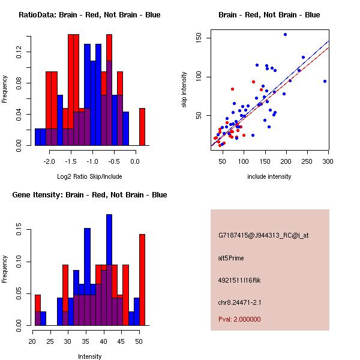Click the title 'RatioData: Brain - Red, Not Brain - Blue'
click(89, 15)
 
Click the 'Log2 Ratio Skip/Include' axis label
click(89, 176)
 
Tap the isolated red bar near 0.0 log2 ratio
click(142, 127)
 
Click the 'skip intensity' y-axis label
click(184, 89)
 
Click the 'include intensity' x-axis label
click(269, 176)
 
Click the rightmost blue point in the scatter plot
click(325, 81)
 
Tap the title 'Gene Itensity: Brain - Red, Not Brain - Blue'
click(89, 195)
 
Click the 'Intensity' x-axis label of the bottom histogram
click(90, 356)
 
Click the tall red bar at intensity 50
click(142, 280)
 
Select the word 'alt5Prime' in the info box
click(231, 258)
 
